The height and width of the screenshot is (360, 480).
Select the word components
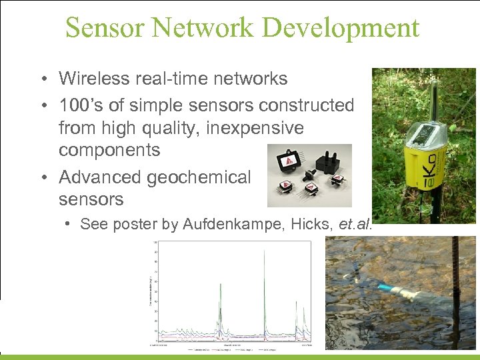point(109,150)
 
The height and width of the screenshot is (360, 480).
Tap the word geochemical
point(200,177)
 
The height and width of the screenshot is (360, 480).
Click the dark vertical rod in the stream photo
point(459,293)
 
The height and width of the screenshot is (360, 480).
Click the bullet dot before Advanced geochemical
point(42,177)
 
